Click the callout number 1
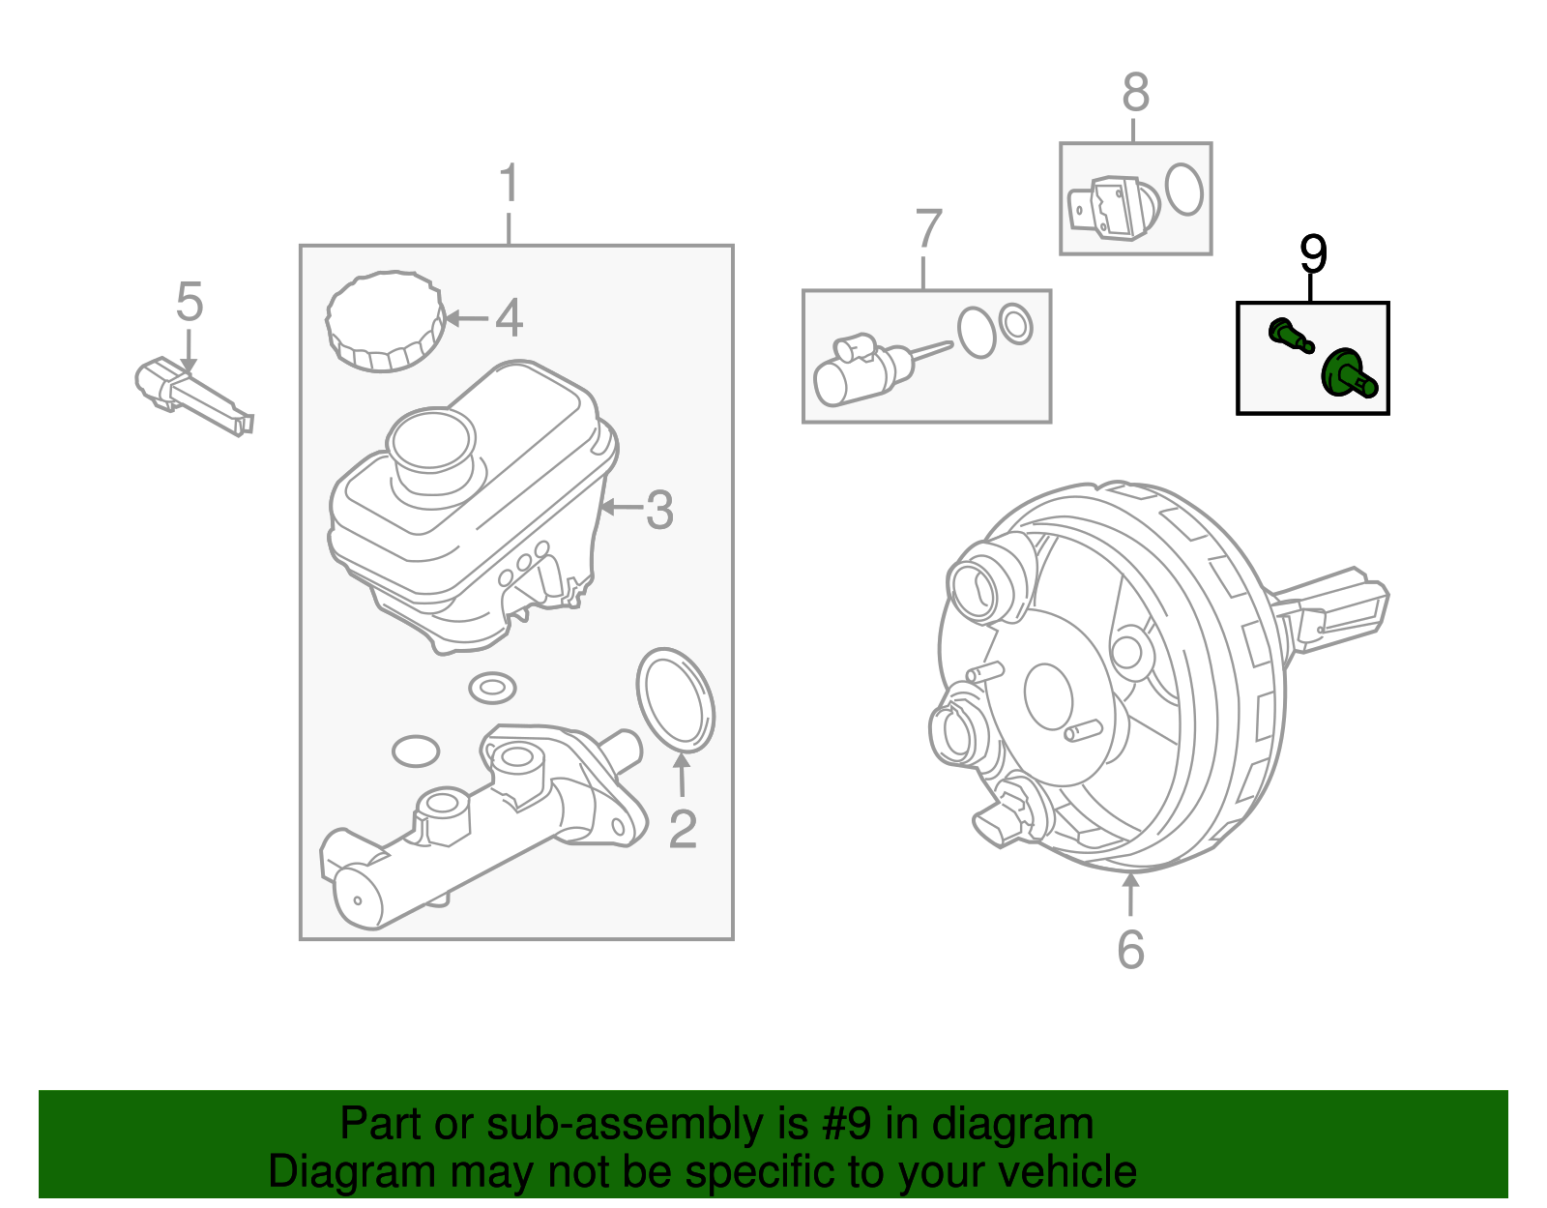point(510,184)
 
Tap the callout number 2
point(683,830)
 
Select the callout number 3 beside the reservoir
point(659,510)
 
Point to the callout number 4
point(510,318)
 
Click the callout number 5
point(190,302)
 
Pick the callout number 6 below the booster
point(1130,950)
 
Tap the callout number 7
point(927,229)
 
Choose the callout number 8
point(1136,94)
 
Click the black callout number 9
point(1313,254)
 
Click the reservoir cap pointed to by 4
point(385,322)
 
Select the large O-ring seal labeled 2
point(676,699)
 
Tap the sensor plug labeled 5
point(193,398)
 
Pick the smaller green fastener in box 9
point(1290,336)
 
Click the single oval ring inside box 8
point(1184,189)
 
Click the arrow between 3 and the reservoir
point(621,507)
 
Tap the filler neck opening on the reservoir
point(431,442)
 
